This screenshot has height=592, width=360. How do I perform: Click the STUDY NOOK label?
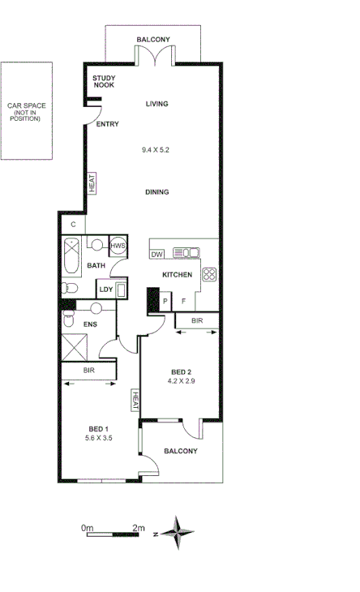(105, 82)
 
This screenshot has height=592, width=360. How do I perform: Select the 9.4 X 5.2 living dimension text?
(156, 149)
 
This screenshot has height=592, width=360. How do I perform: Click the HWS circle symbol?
(118, 246)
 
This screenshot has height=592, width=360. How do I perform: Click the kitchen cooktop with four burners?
(208, 274)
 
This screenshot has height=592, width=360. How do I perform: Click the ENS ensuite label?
(90, 324)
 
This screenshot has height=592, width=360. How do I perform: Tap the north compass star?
(177, 533)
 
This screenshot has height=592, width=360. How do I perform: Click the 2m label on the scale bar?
(138, 528)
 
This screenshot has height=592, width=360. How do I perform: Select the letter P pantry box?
(165, 301)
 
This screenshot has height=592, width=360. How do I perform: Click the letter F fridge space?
(184, 301)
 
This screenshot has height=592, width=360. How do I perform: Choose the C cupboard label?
(73, 225)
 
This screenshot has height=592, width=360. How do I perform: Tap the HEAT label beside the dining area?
(92, 182)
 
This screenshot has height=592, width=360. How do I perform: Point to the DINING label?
(156, 192)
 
